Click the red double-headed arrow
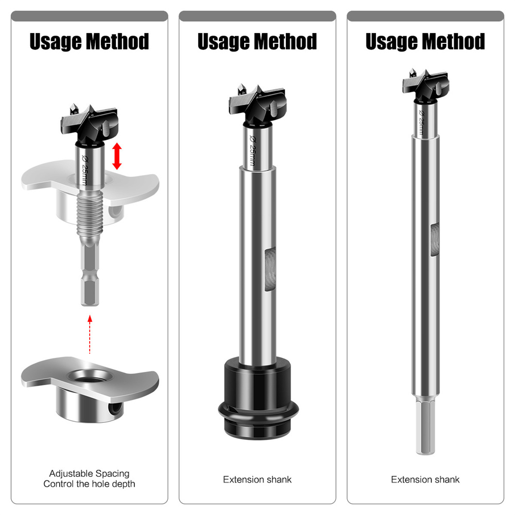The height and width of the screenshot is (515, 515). tap(117, 156)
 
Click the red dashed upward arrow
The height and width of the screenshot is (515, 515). tap(90, 334)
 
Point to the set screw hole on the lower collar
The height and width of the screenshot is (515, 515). tap(115, 408)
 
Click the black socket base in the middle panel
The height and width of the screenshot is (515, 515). tap(258, 398)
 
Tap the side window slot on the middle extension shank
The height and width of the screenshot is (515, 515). tap(270, 270)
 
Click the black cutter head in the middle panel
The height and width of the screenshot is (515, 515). tap(257, 105)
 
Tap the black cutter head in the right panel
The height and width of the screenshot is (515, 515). tap(425, 85)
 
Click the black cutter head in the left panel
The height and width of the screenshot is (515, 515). tap(89, 125)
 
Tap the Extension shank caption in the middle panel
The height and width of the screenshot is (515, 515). tap(257, 479)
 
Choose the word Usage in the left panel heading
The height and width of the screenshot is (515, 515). tap(56, 42)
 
